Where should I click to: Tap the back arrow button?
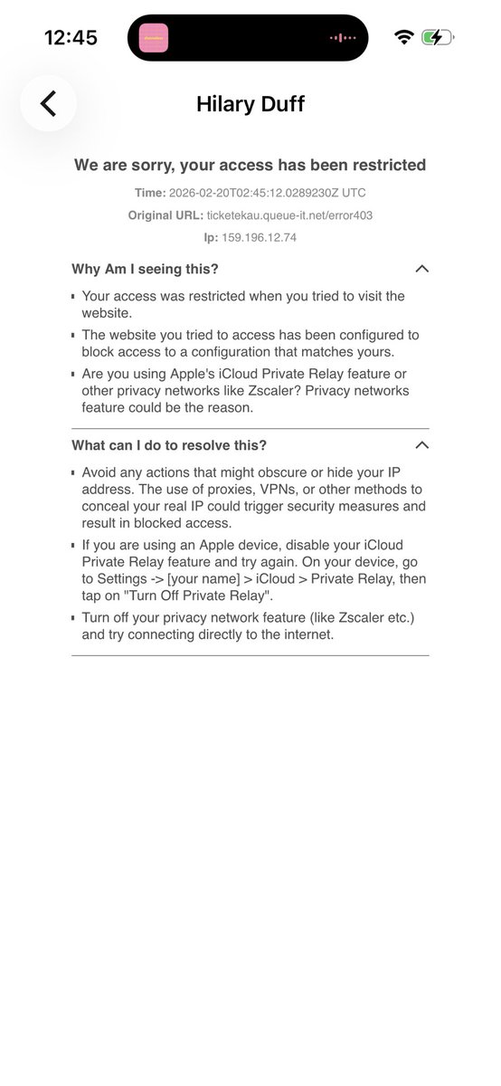click(49, 103)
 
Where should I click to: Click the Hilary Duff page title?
click(250, 104)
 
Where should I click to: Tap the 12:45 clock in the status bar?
click(71, 37)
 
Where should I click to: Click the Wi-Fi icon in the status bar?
click(403, 37)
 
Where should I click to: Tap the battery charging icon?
click(438, 37)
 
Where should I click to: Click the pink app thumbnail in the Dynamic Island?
click(154, 38)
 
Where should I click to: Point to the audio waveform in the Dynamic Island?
click(343, 38)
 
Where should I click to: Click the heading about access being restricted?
click(250, 165)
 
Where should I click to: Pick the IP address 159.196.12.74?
click(260, 237)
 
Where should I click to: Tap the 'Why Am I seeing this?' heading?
click(145, 269)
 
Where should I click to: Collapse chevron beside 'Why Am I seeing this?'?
click(421, 269)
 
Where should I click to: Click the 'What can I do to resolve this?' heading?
click(169, 445)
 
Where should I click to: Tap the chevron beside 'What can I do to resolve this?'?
click(421, 445)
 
